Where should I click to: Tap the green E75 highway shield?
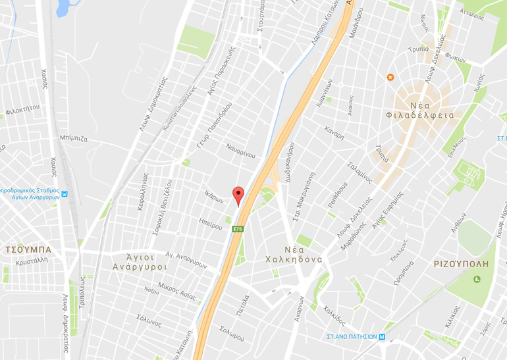[238, 229]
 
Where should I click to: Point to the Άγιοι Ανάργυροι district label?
[139, 261]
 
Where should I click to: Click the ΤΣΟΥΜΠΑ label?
[28, 250]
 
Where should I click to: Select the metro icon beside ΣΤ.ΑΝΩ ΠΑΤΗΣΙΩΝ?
[383, 336]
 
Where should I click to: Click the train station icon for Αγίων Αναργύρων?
[65, 194]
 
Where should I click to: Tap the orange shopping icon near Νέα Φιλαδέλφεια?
[390, 78]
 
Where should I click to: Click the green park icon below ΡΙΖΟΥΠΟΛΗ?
[477, 279]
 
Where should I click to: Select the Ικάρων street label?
[214, 196]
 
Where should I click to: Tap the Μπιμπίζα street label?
[73, 139]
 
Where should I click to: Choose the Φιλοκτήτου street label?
[22, 109]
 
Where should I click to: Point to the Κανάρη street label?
[334, 133]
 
